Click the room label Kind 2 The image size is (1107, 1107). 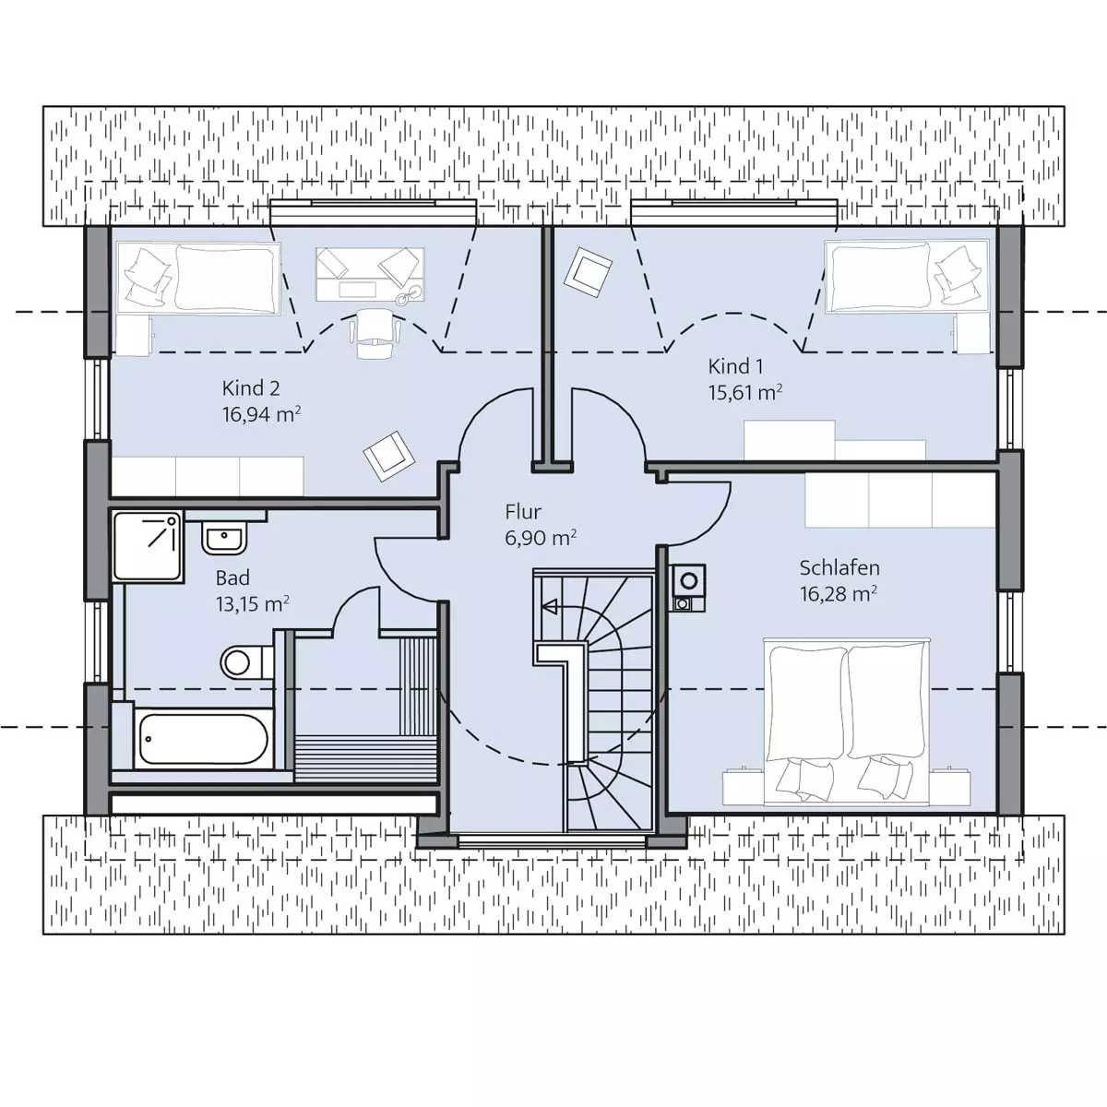[251, 388]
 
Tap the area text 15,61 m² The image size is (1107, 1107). [745, 392]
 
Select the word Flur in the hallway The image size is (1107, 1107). [523, 511]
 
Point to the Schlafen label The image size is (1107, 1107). [839, 568]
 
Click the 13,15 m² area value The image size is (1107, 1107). [252, 603]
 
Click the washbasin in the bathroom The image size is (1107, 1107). [224, 538]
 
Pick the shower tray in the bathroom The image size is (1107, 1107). [149, 546]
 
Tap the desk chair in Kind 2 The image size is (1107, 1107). [374, 333]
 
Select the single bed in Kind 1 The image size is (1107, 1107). [907, 277]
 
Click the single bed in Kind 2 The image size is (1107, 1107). [198, 278]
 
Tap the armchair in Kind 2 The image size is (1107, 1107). [389, 456]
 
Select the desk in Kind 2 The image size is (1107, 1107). [370, 275]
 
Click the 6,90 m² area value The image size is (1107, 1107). [542, 538]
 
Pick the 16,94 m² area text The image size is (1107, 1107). [261, 414]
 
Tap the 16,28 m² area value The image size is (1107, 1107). [839, 594]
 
